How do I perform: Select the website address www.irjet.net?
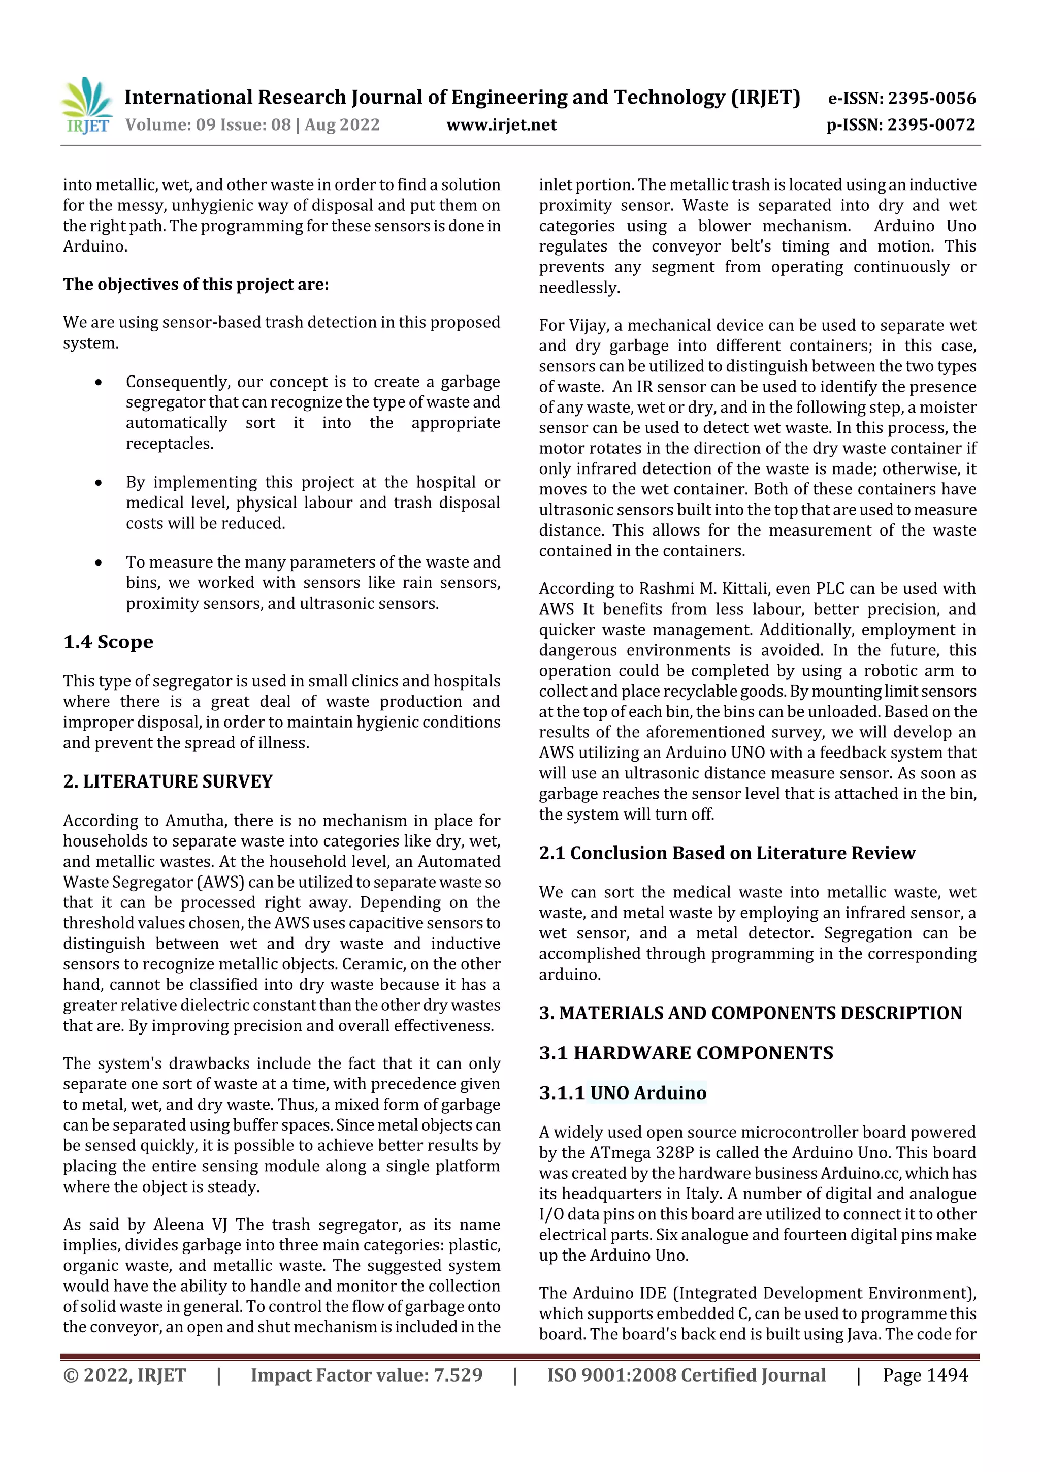coord(501,124)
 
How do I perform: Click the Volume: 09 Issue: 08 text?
coord(208,124)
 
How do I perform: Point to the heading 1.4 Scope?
coord(108,642)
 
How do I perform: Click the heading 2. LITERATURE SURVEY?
coord(168,781)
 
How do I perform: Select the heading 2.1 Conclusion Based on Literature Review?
coord(727,853)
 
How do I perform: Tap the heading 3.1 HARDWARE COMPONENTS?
coord(686,1053)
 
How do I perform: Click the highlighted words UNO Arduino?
coord(648,1092)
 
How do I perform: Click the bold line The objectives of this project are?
coord(196,284)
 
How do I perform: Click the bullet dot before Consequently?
coord(98,383)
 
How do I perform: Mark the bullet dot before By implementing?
coord(98,483)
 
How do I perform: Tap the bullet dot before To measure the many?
coord(98,563)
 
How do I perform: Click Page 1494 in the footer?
coord(925,1374)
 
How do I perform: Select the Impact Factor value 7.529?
coord(458,1374)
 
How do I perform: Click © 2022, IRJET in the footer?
coord(124,1374)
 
